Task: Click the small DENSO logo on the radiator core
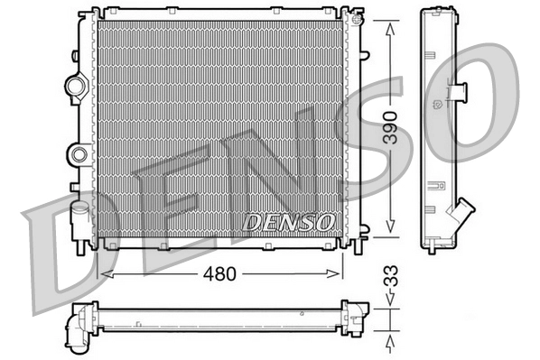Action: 290,220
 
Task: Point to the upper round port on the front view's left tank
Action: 75,87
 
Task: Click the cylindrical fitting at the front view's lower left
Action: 80,219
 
